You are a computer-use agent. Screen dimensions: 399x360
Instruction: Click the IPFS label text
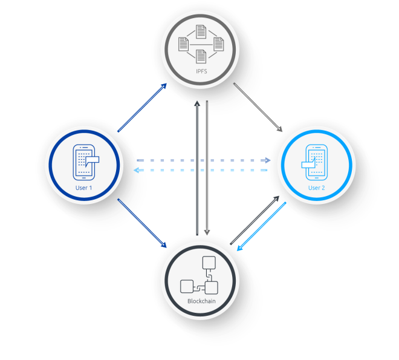coord(201,71)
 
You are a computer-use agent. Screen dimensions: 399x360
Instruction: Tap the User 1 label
coord(83,188)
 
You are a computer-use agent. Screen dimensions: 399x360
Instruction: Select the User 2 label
coord(316,188)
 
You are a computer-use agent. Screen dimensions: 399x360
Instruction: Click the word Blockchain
coord(201,301)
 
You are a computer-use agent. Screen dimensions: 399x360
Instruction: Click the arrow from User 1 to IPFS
coord(142,108)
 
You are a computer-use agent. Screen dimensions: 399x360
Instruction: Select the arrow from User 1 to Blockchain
coord(142,223)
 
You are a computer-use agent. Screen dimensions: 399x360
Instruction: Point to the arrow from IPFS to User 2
coord(258,107)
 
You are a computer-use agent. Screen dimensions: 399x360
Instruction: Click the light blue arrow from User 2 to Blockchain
coord(262,226)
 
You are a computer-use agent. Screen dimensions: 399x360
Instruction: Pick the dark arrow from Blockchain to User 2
coord(255,220)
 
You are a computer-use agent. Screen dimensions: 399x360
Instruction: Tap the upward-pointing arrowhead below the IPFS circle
coord(197,103)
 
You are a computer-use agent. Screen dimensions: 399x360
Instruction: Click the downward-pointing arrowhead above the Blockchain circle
coord(207,232)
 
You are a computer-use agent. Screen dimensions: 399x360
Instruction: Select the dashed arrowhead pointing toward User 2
coord(267,160)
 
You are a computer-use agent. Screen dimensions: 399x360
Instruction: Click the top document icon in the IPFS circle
coord(201,31)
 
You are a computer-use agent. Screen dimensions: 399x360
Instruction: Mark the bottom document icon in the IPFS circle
coord(201,56)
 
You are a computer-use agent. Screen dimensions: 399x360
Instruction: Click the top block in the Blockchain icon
coord(209,263)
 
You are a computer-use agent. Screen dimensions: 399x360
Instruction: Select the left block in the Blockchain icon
coord(187,286)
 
